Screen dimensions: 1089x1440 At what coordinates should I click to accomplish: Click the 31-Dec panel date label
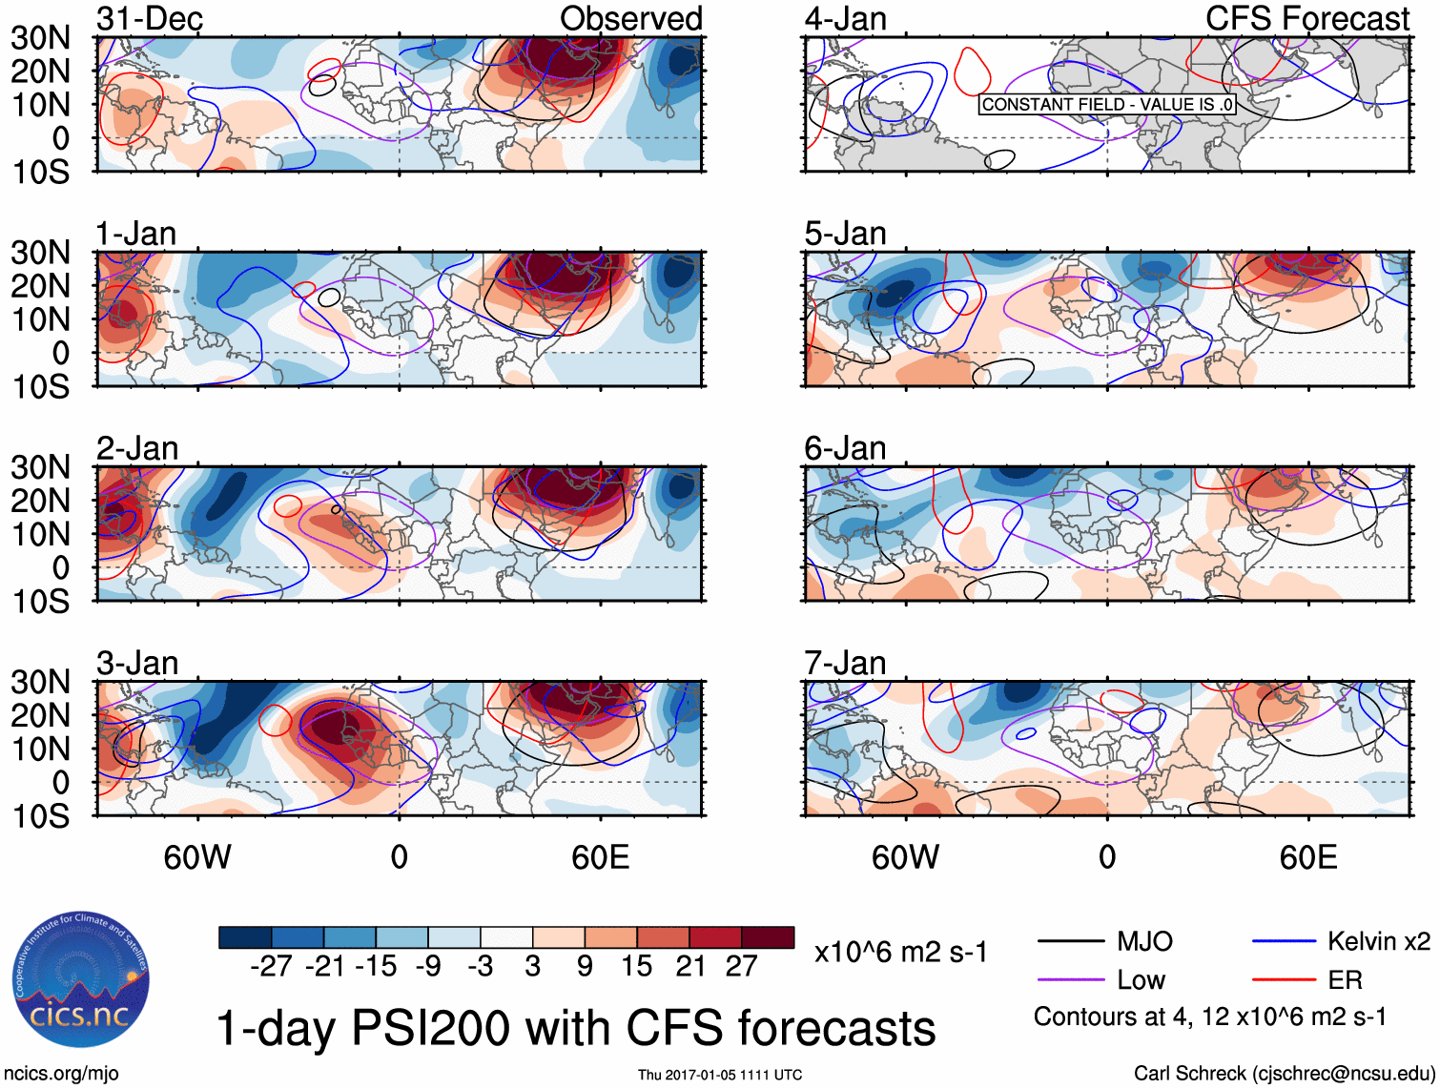[150, 18]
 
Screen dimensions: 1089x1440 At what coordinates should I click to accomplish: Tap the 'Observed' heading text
[630, 18]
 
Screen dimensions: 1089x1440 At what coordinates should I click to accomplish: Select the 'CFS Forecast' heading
[1306, 18]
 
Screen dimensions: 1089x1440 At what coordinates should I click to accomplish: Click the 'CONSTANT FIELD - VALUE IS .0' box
[1107, 105]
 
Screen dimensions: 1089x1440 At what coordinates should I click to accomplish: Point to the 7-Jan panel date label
[845, 663]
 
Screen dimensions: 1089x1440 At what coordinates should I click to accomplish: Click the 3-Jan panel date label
[137, 663]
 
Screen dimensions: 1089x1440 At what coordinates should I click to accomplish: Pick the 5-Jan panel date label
[845, 234]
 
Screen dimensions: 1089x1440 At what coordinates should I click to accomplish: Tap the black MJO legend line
[1070, 942]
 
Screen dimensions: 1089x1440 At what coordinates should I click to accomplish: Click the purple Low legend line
[1070, 979]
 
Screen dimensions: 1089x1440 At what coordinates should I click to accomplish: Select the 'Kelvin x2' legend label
[1378, 942]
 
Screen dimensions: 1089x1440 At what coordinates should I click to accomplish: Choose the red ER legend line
[1284, 979]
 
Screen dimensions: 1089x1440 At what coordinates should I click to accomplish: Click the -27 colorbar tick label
[271, 966]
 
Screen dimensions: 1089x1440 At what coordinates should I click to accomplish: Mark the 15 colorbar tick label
[637, 966]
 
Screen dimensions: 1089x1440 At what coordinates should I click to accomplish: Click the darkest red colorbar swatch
[768, 937]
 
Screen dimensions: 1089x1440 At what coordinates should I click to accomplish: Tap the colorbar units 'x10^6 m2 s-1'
[901, 952]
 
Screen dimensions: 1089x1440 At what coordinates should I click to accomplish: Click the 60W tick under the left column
[197, 857]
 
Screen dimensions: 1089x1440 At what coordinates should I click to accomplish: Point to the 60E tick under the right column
[1307, 857]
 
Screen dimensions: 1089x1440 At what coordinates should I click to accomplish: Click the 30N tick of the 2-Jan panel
[40, 467]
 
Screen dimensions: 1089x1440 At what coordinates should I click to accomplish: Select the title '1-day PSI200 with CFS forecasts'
[576, 1028]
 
